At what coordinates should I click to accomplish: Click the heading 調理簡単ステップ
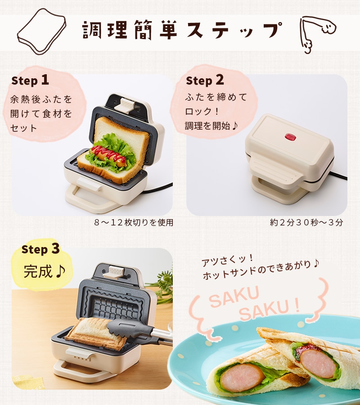(x=182, y=31)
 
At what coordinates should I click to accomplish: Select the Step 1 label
(x=30, y=81)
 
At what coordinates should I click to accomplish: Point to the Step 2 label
(x=205, y=81)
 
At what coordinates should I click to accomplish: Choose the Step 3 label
(x=40, y=248)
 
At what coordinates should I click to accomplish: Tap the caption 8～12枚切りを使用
(x=134, y=222)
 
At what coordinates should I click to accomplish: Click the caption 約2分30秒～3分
(x=306, y=222)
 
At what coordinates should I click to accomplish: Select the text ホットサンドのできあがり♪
(x=260, y=275)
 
